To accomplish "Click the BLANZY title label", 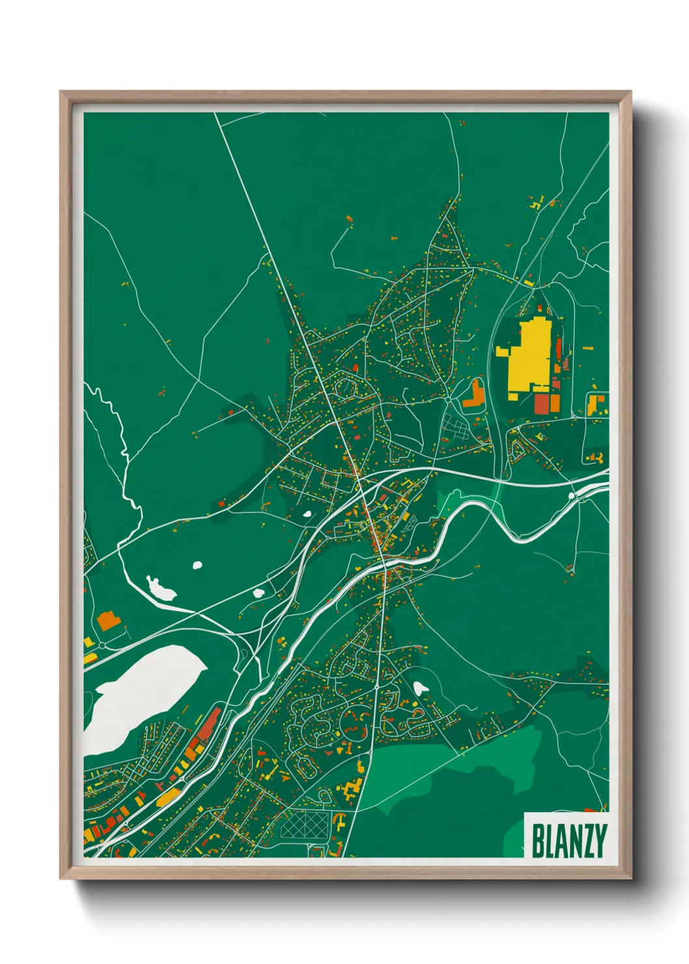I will point(569,841).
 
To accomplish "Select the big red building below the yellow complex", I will point(542,404).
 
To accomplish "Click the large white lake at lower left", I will point(140,694).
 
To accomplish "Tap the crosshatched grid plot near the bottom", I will point(306,825).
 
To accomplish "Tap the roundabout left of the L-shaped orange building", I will point(449,399).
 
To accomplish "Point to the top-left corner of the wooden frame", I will point(61,92).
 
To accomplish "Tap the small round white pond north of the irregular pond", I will point(197,565).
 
